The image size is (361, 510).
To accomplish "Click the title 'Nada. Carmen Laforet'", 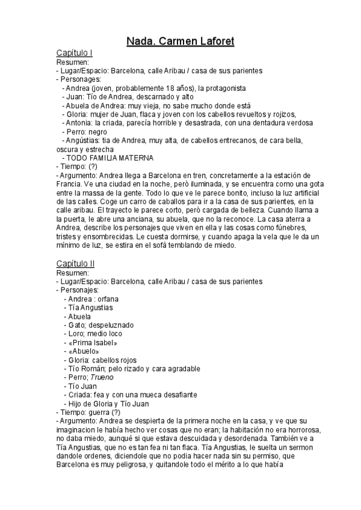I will [180, 41].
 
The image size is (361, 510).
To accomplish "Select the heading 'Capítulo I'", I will [74, 53].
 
